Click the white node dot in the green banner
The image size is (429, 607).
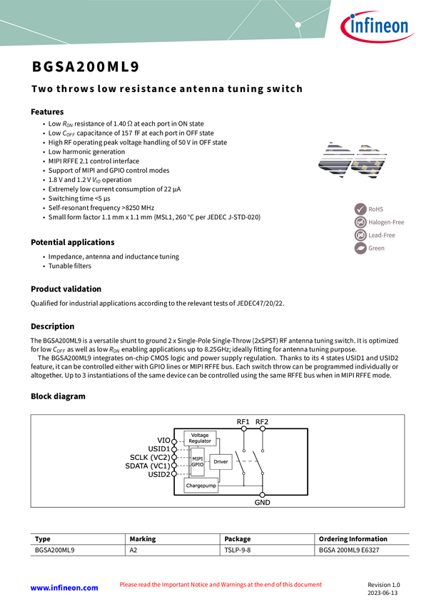point(298,24)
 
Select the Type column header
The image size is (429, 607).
point(43,539)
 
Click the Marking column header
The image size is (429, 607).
point(143,539)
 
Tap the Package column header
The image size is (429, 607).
point(238,539)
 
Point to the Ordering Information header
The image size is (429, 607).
point(353,539)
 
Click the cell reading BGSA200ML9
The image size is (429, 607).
point(54,551)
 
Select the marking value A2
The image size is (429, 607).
point(133,551)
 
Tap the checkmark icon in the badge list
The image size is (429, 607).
point(360,209)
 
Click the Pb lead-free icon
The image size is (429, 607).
point(360,235)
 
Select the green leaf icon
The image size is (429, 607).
point(360,249)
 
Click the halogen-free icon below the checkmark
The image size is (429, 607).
point(360,222)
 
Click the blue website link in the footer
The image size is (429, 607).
point(64,587)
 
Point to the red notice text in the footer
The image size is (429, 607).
point(221,585)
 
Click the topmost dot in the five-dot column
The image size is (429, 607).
point(174,442)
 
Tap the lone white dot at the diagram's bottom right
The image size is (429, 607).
point(263,494)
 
